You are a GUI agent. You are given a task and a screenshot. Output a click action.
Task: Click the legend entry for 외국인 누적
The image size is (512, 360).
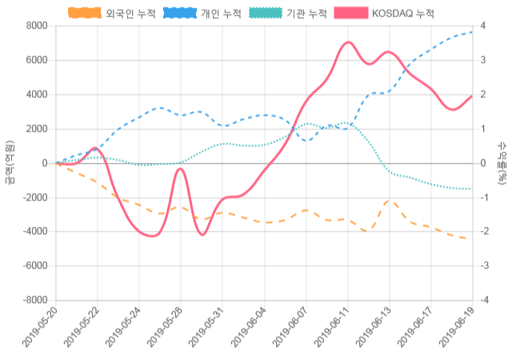112,14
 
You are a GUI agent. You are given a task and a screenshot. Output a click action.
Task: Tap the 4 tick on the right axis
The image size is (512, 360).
482,26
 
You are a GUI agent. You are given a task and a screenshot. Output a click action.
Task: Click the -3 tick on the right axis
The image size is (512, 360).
484,266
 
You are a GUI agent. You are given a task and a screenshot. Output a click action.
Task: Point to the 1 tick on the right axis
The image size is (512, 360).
482,129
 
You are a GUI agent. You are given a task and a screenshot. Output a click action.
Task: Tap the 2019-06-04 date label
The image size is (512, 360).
248,330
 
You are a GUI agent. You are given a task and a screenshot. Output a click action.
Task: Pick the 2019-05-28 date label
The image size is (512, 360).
165,330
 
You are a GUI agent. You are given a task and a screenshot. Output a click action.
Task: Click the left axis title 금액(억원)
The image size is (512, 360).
9,162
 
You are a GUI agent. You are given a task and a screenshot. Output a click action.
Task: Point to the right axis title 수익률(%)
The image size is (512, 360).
502,162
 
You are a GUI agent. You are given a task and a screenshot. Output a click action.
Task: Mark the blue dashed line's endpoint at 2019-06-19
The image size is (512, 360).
472,32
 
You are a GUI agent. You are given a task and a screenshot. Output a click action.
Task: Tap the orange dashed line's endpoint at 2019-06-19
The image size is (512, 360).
472,239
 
